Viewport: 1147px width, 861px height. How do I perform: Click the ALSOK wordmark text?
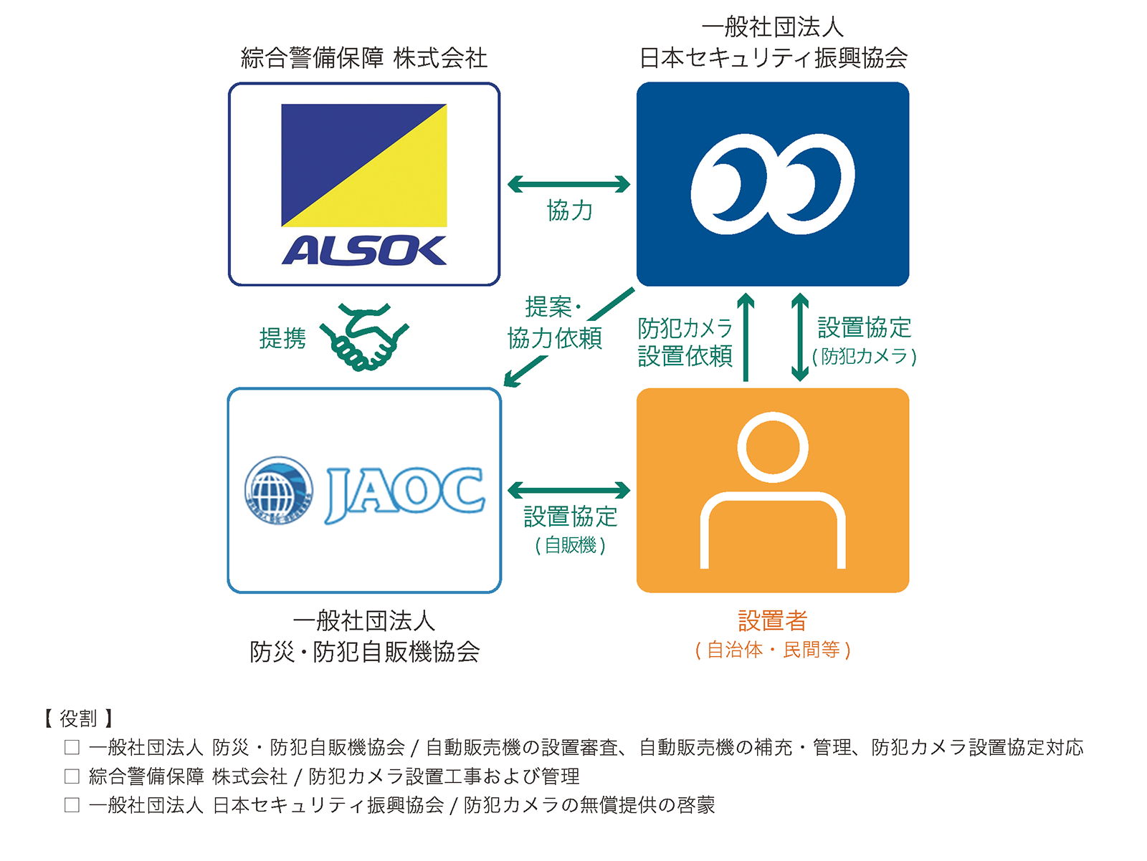pyautogui.click(x=364, y=251)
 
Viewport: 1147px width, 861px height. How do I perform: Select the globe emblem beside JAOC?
pyautogui.click(x=279, y=490)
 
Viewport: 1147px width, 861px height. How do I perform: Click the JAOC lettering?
pyautogui.click(x=405, y=494)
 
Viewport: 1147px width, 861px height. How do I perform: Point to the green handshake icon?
pyautogui.click(x=365, y=337)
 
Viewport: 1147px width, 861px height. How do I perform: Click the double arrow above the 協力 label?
pyautogui.click(x=568, y=184)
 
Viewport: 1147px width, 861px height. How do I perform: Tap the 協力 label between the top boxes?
pyautogui.click(x=570, y=211)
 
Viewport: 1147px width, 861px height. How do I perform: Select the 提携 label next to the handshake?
pyautogui.click(x=282, y=338)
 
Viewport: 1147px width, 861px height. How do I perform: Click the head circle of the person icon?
pyautogui.click(x=772, y=447)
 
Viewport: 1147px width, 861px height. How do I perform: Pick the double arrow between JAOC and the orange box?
pyautogui.click(x=568, y=490)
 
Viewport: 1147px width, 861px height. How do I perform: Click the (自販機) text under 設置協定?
pyautogui.click(x=570, y=546)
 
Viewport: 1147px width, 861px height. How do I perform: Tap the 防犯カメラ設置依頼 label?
pyautogui.click(x=685, y=342)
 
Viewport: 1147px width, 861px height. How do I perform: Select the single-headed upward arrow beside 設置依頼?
pyautogui.click(x=746, y=337)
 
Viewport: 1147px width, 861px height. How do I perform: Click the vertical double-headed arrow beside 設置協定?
pyautogui.click(x=800, y=337)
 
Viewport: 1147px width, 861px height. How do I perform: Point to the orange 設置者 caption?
pyautogui.click(x=772, y=621)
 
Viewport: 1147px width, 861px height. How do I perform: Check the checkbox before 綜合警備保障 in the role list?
pyautogui.click(x=72, y=776)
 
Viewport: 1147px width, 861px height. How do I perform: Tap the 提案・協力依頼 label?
pyautogui.click(x=555, y=322)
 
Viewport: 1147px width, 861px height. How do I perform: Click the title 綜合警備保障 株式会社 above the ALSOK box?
pyautogui.click(x=364, y=58)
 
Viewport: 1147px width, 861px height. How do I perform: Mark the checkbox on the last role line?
pyautogui.click(x=72, y=805)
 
